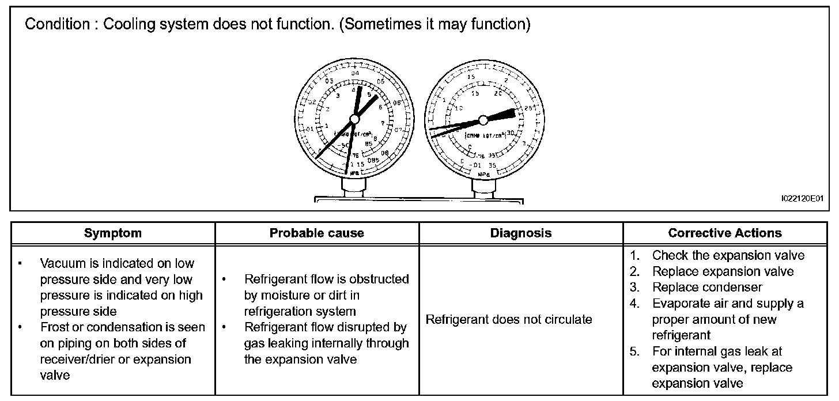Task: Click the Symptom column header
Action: tap(112, 233)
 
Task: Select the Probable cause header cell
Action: tap(316, 233)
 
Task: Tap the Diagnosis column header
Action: tap(520, 233)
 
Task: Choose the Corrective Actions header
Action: tap(725, 233)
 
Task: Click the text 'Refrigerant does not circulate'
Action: tap(508, 319)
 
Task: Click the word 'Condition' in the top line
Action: tap(55, 25)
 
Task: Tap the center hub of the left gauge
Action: tap(354, 118)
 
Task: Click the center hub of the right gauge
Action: tap(483, 119)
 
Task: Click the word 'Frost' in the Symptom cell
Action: tap(55, 327)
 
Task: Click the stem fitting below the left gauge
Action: tap(353, 186)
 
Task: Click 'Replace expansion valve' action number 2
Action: tap(723, 271)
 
